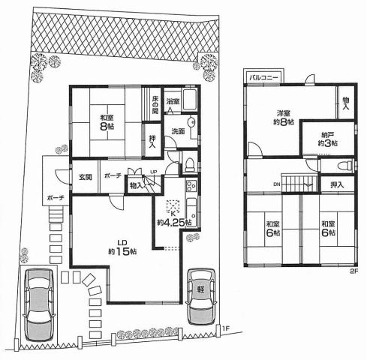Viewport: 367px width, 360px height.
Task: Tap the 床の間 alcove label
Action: pyautogui.click(x=155, y=104)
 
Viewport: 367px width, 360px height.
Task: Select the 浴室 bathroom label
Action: pyautogui.click(x=173, y=100)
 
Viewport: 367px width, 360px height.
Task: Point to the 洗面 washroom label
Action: pyautogui.click(x=177, y=131)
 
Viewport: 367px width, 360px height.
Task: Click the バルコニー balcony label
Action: pyautogui.click(x=263, y=77)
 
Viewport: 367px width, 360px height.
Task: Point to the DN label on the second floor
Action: pyautogui.click(x=276, y=184)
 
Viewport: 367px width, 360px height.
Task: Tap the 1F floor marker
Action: pyautogui.click(x=225, y=328)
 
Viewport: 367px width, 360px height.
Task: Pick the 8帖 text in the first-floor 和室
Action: pyautogui.click(x=104, y=127)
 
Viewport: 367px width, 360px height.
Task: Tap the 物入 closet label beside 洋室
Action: pyautogui.click(x=346, y=103)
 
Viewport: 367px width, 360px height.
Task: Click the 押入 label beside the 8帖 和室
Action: pyautogui.click(x=152, y=142)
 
